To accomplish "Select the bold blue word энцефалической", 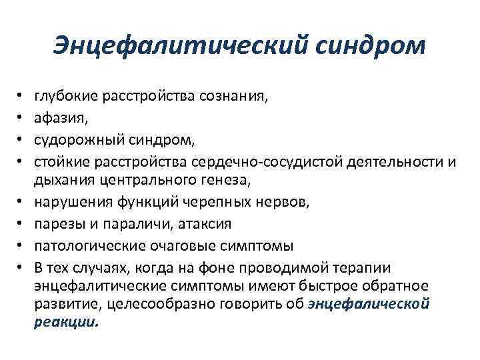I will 369,305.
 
